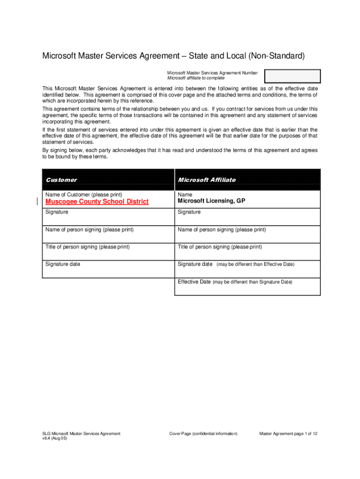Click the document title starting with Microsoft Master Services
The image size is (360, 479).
coord(173,56)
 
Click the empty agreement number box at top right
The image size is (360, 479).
coord(292,76)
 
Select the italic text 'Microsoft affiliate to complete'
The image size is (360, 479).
coord(192,78)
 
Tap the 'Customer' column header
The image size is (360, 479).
coord(61,180)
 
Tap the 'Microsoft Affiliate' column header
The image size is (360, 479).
coord(207,180)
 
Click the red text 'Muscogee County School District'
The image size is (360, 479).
coord(97,202)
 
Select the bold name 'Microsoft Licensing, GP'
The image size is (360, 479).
coord(211,201)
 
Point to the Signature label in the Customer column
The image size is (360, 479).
coord(57,212)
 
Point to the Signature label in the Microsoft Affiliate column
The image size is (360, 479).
coord(189,212)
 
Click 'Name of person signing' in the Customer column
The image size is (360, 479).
coord(89,230)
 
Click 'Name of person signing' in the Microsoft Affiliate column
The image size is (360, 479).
coord(222,230)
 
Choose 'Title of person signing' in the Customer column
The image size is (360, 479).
coord(87,247)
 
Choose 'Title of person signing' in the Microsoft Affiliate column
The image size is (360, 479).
coord(220,247)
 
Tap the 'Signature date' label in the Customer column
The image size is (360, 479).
coord(63,264)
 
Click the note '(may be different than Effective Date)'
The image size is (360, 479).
coord(255,265)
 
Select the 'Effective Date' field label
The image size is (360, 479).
coord(194,282)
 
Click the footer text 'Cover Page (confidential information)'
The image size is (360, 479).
coord(203,434)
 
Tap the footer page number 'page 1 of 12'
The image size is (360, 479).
coord(303,434)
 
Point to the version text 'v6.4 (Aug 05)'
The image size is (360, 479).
coord(55,438)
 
